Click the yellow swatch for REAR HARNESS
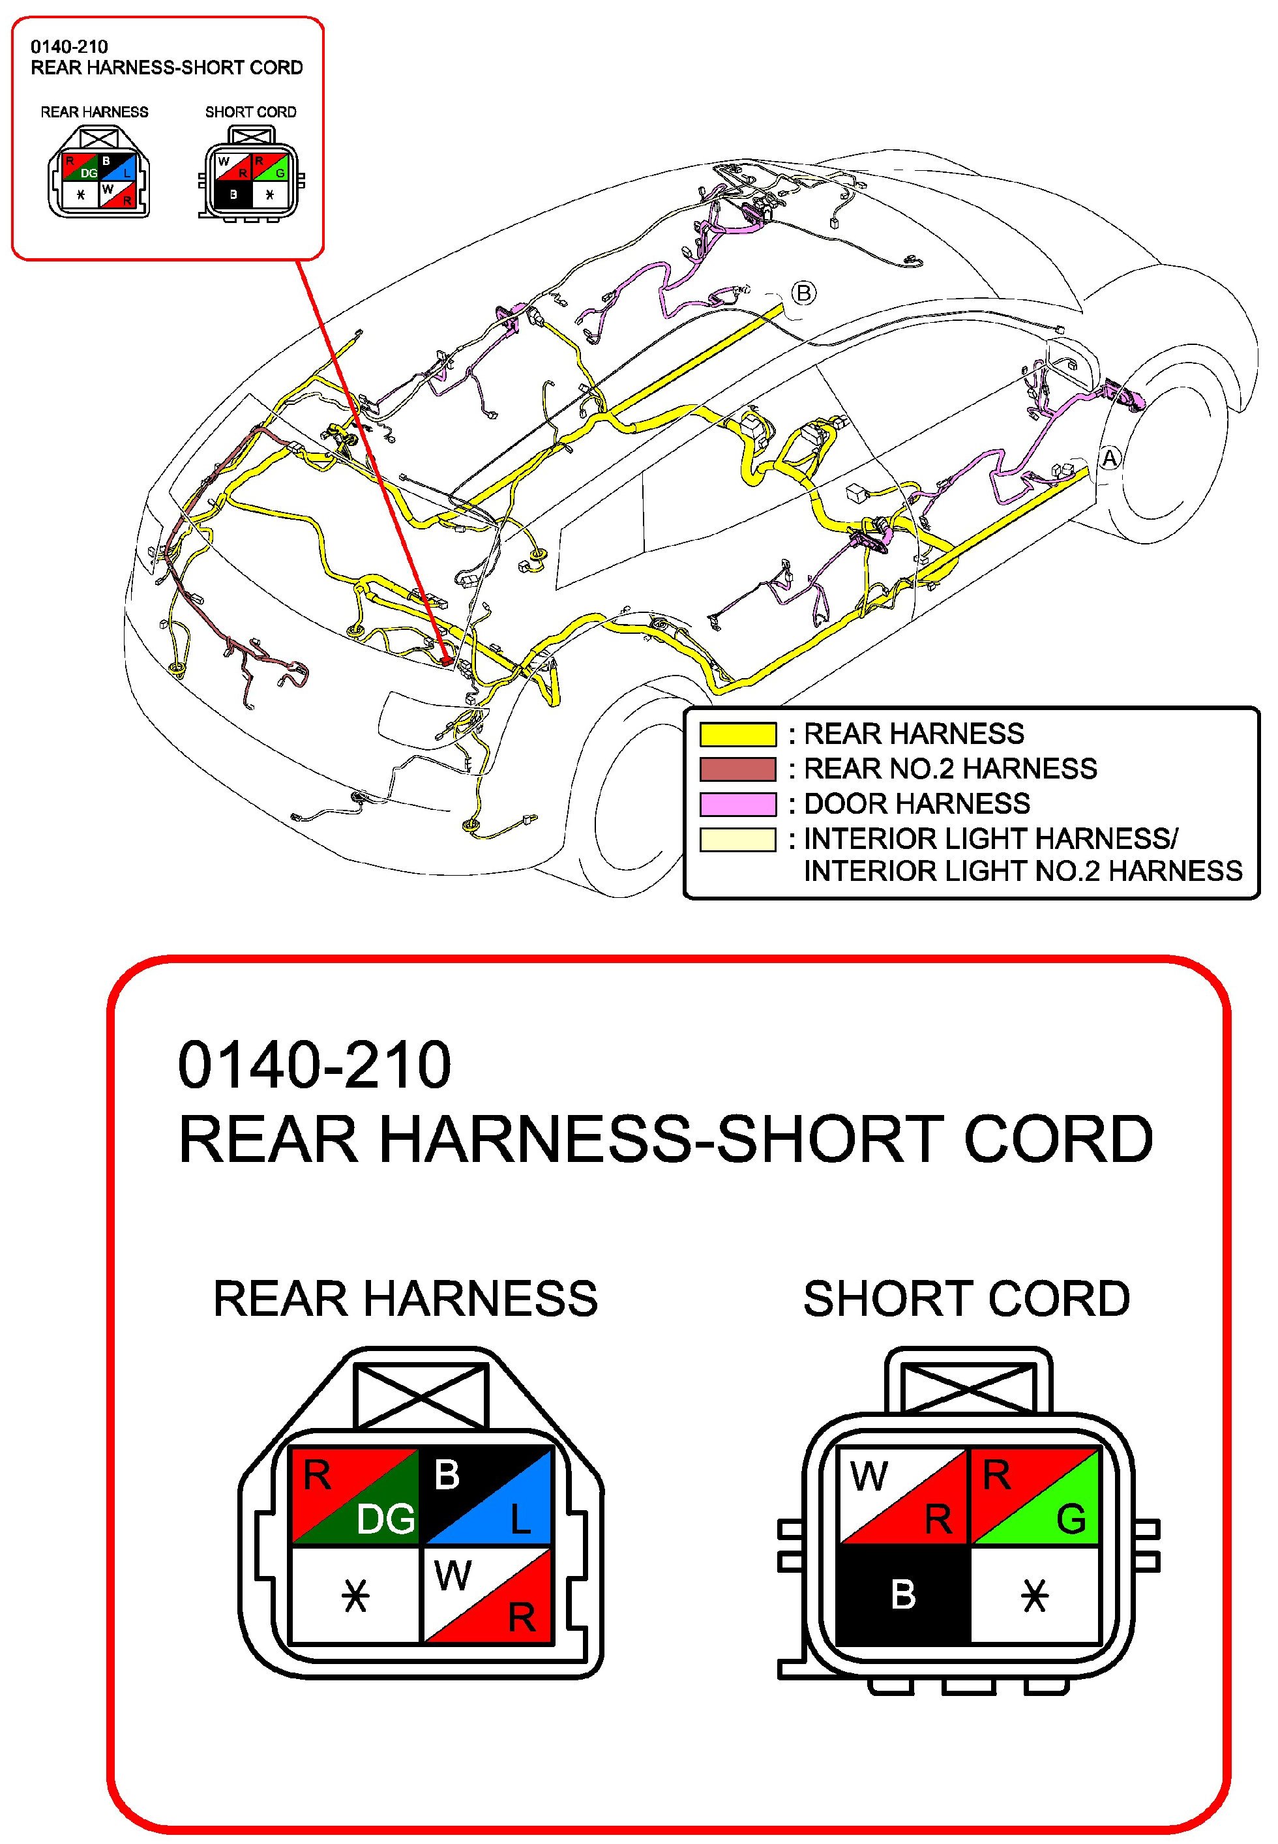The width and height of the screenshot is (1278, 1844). tap(737, 734)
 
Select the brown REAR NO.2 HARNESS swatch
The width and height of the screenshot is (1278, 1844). tap(737, 769)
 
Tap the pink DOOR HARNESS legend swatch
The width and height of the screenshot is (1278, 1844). tap(737, 803)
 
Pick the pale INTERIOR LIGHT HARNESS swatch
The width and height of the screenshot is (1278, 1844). tap(737, 839)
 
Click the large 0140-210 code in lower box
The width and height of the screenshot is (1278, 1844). tap(314, 1065)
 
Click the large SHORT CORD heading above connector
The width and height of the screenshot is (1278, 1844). tap(966, 1298)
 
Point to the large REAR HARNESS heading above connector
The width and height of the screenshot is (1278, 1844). tap(405, 1298)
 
